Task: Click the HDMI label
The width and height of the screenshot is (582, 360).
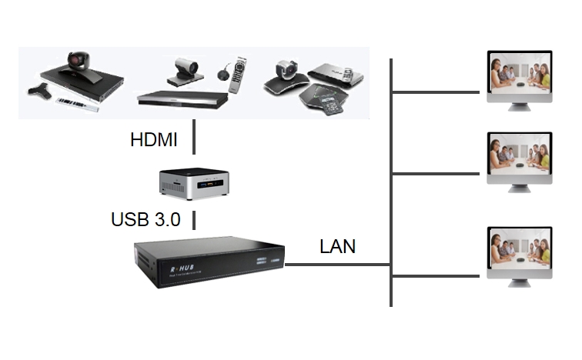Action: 154,141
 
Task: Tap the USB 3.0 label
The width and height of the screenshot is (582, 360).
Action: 145,219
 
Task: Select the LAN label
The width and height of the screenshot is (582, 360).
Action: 338,246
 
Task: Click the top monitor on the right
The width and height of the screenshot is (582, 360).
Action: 520,76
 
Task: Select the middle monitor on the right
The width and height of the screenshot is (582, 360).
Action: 520,158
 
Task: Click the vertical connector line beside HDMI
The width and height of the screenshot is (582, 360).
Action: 193,140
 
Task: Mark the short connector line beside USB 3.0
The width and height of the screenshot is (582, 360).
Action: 193,219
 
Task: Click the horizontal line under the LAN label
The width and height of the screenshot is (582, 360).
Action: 339,265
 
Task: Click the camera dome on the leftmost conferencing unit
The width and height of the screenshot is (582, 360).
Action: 78,61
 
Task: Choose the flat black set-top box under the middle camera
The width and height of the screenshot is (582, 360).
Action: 183,97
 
